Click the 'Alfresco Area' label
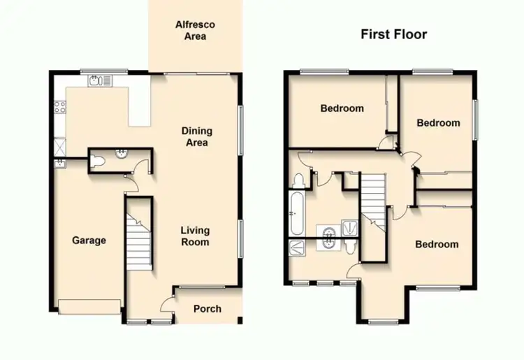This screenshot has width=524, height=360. coord(194,30)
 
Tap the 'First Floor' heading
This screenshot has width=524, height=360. coord(393,34)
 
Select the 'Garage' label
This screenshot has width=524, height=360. coord(89,240)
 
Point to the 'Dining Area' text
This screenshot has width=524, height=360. coord(196,137)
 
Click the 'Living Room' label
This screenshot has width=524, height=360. coord(195,236)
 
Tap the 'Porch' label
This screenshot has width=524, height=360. coord(207,308)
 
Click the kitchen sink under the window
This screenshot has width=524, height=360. coord(100,81)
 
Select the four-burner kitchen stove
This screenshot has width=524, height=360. coord(59,108)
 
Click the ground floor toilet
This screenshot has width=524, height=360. coord(99,161)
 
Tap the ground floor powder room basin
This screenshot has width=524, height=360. coord(122,153)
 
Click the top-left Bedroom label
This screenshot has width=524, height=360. coord(342,108)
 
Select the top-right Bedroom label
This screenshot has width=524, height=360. coord(438,123)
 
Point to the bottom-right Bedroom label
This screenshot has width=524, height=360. coord(437,244)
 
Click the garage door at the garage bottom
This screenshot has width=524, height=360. coord(89,305)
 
